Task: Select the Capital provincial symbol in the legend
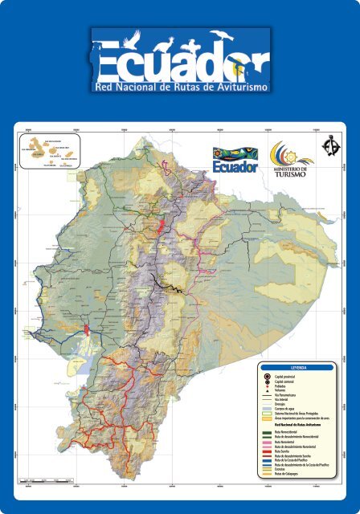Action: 266,375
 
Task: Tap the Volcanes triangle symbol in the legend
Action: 266,390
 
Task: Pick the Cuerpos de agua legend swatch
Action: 266,410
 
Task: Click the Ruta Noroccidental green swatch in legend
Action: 266,432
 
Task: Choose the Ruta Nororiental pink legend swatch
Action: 266,441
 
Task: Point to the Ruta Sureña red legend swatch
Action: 266,451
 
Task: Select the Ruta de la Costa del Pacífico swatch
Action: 266,459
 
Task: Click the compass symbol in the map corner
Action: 329,147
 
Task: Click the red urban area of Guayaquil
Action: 85,330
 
